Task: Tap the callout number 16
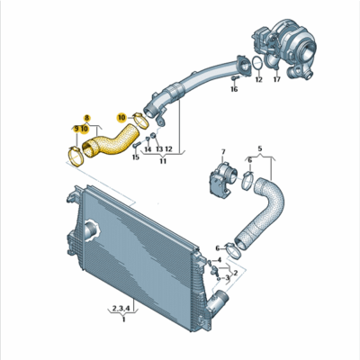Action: tap(234, 90)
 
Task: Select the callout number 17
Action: tap(276, 80)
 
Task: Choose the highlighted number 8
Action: tap(87, 118)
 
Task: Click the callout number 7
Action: tap(223, 153)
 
